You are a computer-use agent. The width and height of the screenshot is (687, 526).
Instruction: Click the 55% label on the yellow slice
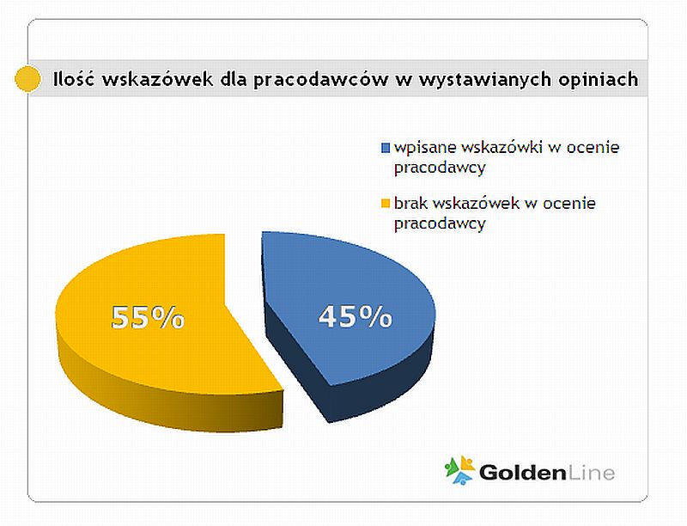point(148,317)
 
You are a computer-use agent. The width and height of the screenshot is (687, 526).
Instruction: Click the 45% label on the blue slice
point(355,316)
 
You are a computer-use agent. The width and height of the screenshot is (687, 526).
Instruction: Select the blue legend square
point(385,148)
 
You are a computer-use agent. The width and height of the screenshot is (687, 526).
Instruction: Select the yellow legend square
point(385,204)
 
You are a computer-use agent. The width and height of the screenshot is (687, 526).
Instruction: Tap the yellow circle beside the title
point(27,79)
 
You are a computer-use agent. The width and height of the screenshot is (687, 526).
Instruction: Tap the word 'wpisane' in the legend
point(425,148)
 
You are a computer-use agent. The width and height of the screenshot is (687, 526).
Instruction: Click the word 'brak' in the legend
point(410,203)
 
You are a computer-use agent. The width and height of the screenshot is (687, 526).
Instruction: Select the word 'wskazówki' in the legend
point(502,147)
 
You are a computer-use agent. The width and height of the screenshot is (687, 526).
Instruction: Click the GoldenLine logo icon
point(459,470)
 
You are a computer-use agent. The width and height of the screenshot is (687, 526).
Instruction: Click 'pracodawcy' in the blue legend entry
point(440,168)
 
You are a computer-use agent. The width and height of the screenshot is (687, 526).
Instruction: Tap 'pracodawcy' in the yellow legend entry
point(440,224)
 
